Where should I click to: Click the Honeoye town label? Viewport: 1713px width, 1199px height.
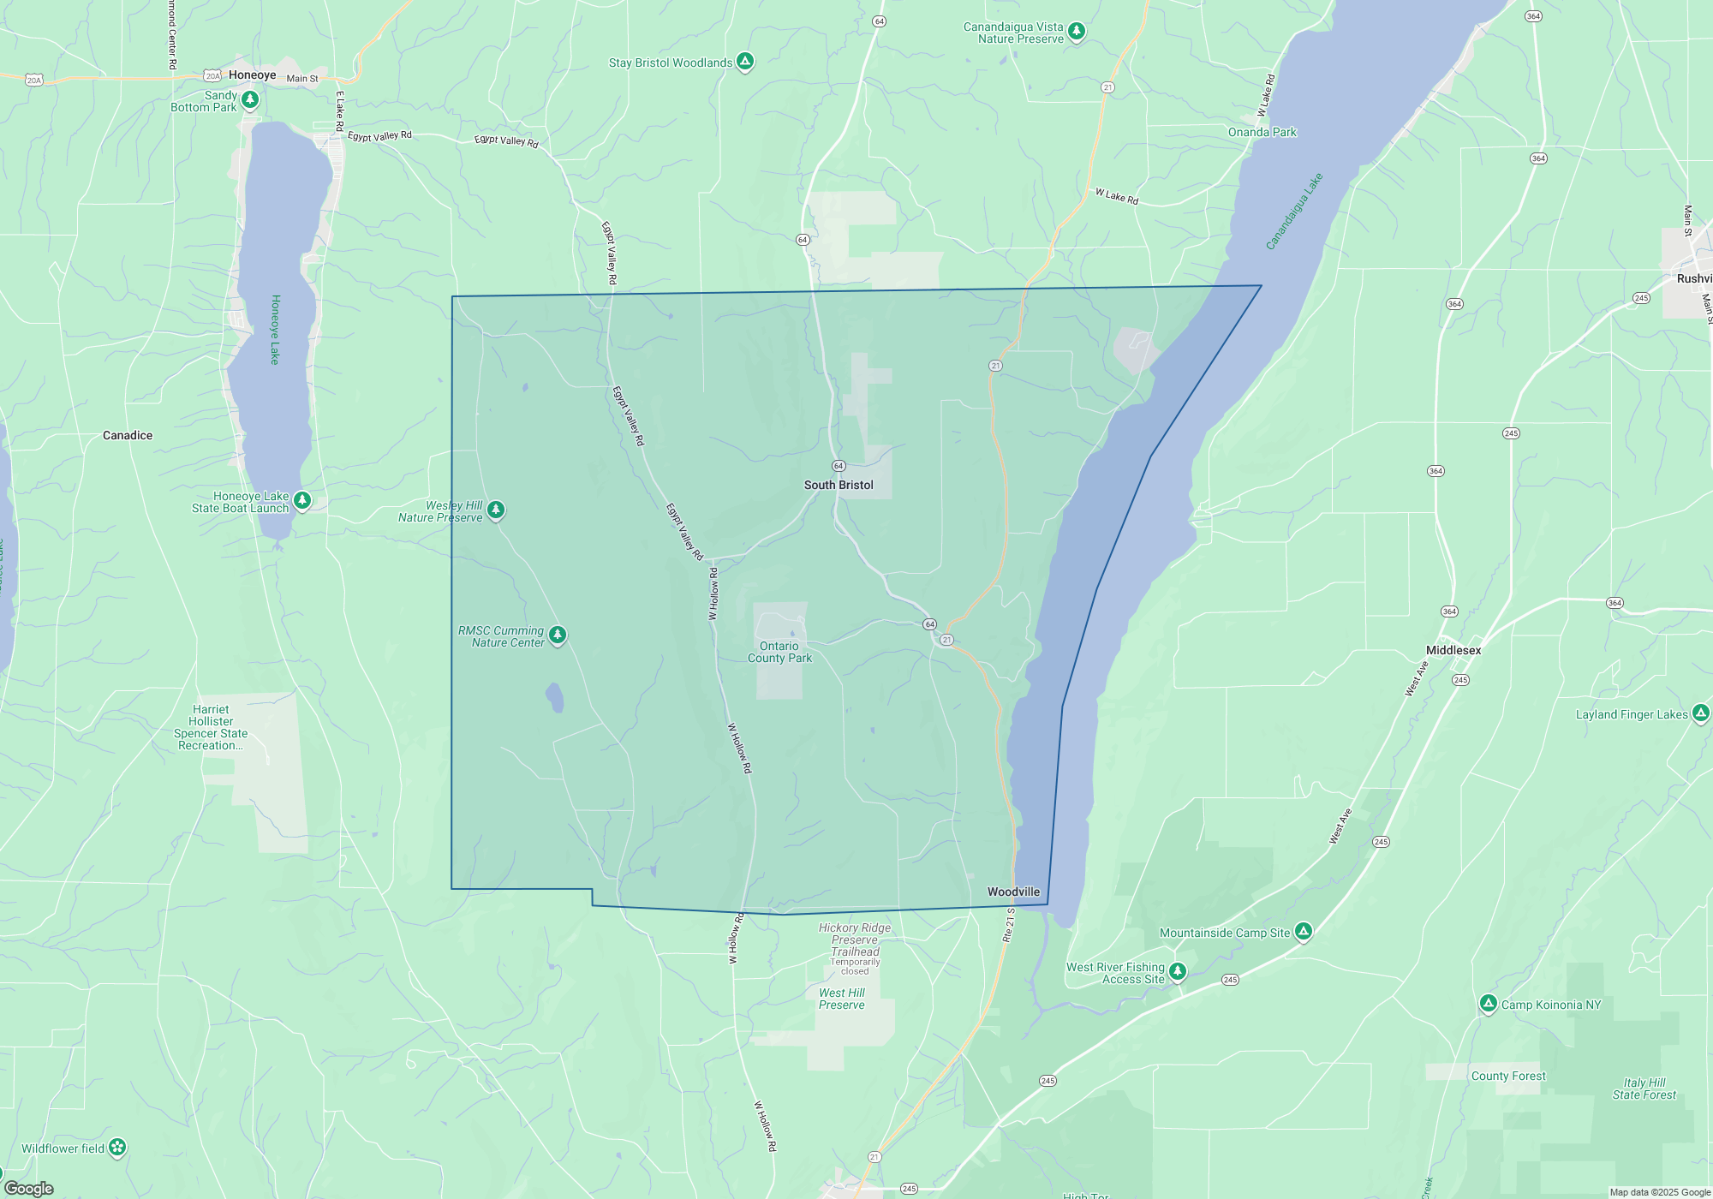[252, 75]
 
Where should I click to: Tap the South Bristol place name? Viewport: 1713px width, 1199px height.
[839, 485]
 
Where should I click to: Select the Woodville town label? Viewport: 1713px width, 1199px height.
[1013, 892]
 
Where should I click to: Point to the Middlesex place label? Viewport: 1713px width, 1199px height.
[1453, 650]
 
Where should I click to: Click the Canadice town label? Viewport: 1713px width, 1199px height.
[128, 435]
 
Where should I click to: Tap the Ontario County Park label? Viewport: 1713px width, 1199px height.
[779, 652]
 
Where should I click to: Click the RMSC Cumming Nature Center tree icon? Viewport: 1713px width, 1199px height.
[558, 635]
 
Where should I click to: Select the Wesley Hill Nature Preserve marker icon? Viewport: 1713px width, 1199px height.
[496, 510]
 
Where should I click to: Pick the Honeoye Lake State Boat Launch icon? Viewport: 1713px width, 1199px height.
[302, 499]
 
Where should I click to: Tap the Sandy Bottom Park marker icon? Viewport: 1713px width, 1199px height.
[250, 99]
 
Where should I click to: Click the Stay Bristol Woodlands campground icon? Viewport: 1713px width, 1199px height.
[745, 61]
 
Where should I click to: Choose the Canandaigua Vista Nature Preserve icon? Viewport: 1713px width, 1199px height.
[1077, 31]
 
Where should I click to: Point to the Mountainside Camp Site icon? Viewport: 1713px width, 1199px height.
[1304, 931]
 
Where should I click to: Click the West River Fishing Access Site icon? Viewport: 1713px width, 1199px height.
[1178, 970]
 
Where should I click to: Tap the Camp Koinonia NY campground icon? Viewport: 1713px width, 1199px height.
[1489, 1003]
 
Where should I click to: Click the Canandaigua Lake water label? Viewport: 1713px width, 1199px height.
[1294, 211]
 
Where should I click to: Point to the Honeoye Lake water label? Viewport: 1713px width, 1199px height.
[275, 330]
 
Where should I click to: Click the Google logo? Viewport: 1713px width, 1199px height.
[29, 1189]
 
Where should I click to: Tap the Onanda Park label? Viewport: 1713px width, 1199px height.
[1262, 132]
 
